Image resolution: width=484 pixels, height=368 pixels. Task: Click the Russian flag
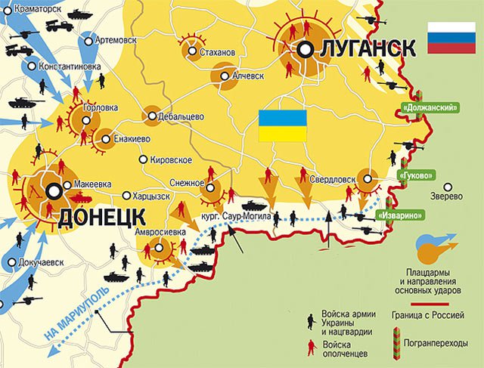451,38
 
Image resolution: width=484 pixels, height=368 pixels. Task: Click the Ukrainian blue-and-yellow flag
282,125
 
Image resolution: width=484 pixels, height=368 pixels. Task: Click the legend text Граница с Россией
433,315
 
